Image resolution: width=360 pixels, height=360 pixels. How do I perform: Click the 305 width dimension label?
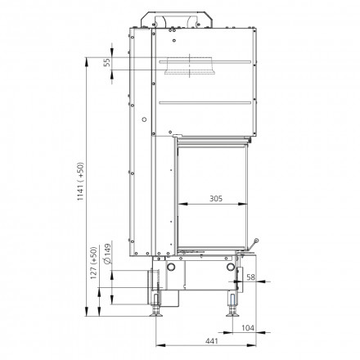pyautogui.click(x=216, y=199)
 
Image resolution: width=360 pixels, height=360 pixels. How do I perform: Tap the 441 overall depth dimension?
pyautogui.click(x=212, y=341)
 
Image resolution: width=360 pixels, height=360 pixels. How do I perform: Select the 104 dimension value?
pyautogui.click(x=248, y=327)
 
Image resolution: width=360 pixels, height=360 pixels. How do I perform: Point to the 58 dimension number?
pyautogui.click(x=250, y=277)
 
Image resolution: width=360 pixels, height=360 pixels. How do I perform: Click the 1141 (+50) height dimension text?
pyautogui.click(x=81, y=182)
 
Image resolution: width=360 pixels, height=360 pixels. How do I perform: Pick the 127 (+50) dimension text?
pyautogui.click(x=94, y=263)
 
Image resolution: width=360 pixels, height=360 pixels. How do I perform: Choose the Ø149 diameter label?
pyautogui.click(x=107, y=254)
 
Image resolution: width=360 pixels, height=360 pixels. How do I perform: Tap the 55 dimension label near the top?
pyautogui.click(x=107, y=62)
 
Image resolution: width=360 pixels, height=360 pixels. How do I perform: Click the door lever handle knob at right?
pyautogui.click(x=256, y=241)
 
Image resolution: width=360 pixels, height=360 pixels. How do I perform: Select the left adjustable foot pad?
pyautogui.click(x=156, y=315)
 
